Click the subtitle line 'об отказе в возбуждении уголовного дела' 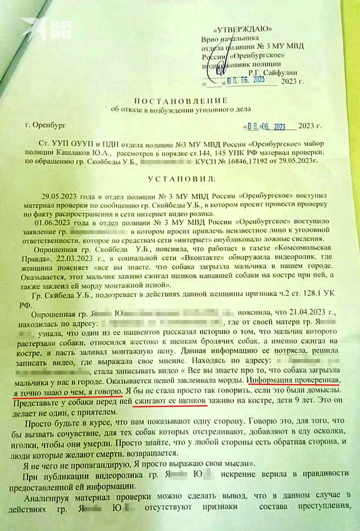pos(181,109)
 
